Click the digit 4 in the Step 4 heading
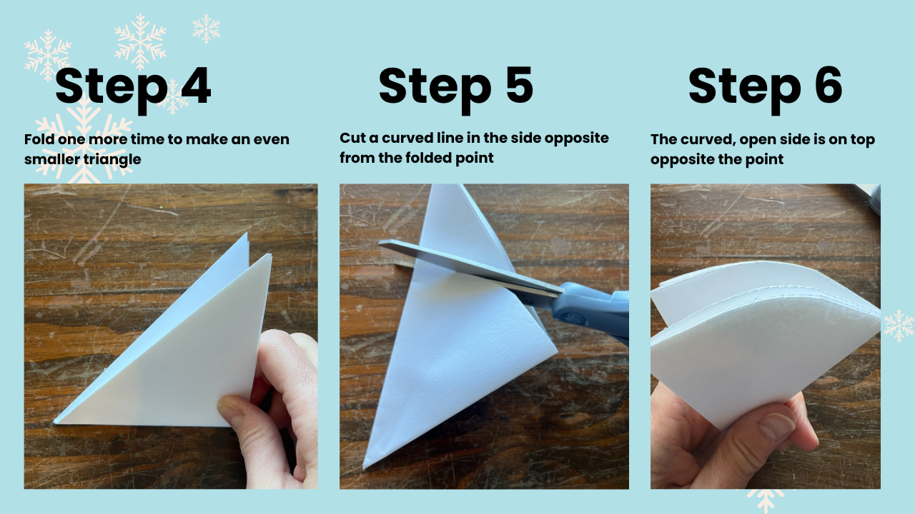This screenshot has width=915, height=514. tap(196, 86)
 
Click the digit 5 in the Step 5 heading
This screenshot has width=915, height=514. tap(519, 85)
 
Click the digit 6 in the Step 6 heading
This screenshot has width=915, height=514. tap(828, 86)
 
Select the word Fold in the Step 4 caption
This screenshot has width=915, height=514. tap(39, 139)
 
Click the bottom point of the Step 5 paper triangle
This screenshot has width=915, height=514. tap(363, 468)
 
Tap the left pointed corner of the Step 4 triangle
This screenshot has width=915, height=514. tap(54, 423)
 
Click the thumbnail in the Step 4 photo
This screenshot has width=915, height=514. tap(231, 410)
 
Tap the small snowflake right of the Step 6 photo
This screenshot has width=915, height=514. tap(899, 326)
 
